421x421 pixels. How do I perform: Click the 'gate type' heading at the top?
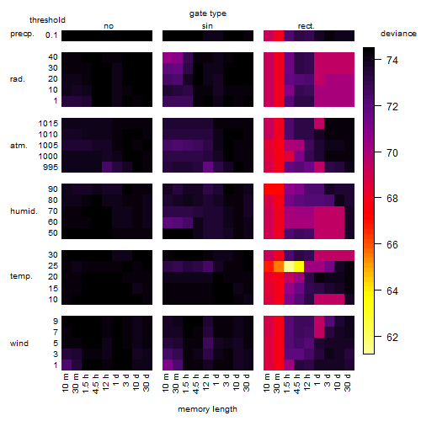point(208,13)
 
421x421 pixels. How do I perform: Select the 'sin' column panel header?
point(207,26)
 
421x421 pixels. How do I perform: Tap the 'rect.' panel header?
point(306,26)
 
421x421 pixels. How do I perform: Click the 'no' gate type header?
point(109,26)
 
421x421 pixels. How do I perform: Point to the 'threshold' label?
point(47,20)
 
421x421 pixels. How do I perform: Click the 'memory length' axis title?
point(207,409)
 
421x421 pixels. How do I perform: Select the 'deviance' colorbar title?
point(398,34)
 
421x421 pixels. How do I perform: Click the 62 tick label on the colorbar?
point(392,337)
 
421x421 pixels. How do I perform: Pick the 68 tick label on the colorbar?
point(392,199)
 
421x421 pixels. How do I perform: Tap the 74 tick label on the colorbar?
point(392,60)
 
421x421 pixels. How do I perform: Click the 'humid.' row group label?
point(24,211)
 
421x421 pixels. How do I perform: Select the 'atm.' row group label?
point(19,146)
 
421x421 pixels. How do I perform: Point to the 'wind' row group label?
point(19,344)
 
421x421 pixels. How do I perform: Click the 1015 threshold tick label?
point(48,123)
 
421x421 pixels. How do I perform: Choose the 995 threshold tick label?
point(51,168)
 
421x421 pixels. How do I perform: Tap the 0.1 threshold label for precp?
point(51,35)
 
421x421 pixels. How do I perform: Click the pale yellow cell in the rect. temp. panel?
point(289,266)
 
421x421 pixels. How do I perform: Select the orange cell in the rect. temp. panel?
point(279,266)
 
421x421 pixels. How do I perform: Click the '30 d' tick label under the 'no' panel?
point(146,382)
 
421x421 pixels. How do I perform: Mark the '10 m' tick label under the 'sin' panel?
point(166,382)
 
